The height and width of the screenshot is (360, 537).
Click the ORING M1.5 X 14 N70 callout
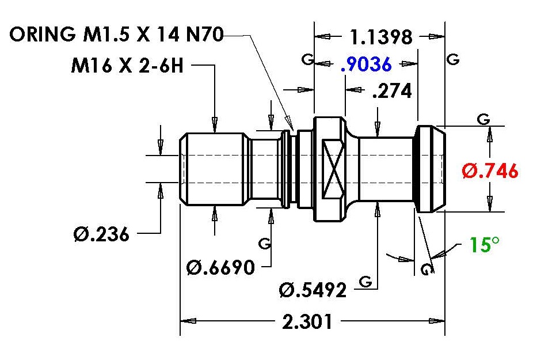[x=116, y=35]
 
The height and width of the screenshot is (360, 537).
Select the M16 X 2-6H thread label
[x=127, y=65]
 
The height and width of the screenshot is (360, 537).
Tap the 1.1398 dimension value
[x=381, y=37]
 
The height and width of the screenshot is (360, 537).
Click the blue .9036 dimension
[x=366, y=64]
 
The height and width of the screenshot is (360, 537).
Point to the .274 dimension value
[x=392, y=91]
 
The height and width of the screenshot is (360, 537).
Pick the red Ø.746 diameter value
[x=490, y=170]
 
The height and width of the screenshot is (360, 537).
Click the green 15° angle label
[x=484, y=244]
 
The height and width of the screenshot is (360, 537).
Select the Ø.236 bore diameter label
[x=101, y=234]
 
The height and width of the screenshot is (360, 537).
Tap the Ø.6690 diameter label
[x=221, y=267]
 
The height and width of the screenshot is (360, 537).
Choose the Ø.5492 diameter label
[x=313, y=290]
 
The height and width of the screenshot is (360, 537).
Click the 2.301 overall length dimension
[x=307, y=322]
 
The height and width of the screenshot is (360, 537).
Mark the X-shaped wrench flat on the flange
[x=333, y=169]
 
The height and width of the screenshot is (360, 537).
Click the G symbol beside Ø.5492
[x=365, y=282]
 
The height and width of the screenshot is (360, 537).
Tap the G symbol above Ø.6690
[x=265, y=244]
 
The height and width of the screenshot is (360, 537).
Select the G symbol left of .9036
[x=307, y=59]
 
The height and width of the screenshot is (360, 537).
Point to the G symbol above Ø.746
[x=483, y=119]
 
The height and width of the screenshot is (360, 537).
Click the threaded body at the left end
[x=214, y=169]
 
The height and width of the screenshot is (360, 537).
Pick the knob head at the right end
[x=430, y=169]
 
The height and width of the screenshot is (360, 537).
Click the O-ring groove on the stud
[x=293, y=169]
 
